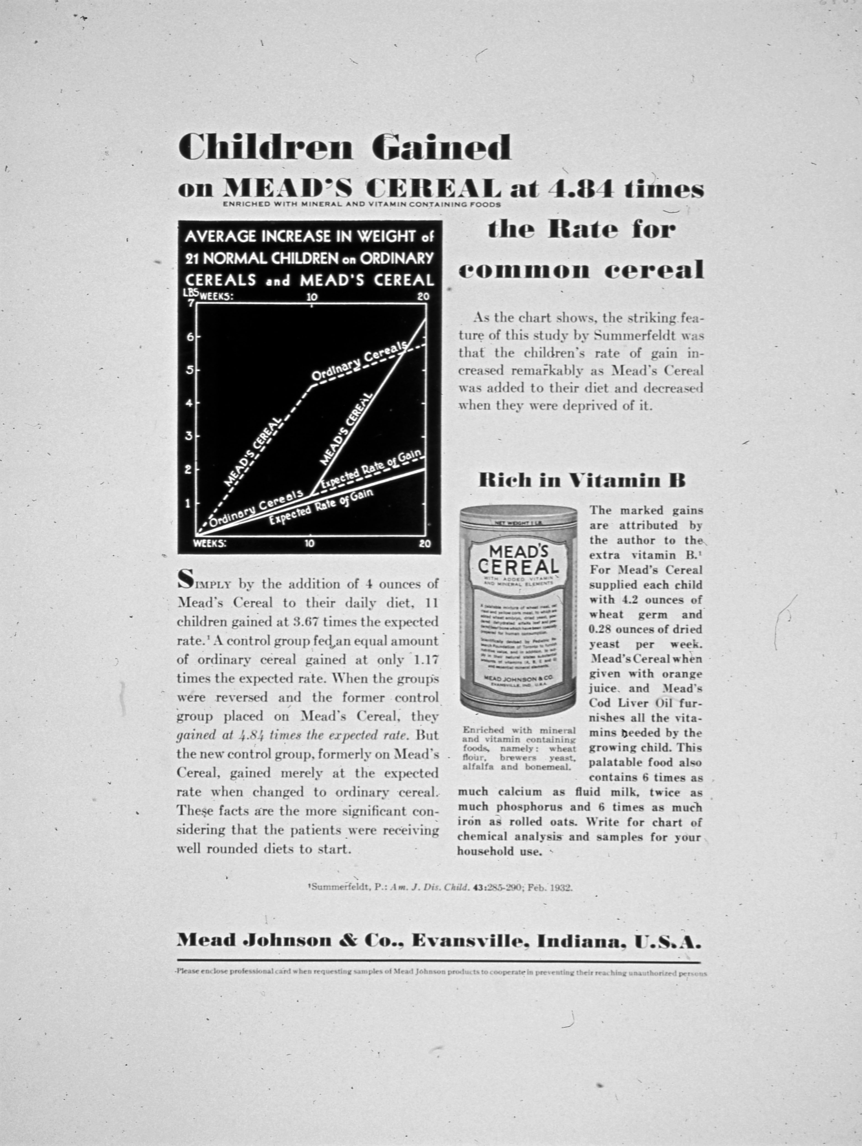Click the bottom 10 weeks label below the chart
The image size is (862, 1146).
(309, 544)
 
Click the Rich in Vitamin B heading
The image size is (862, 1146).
(582, 480)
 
